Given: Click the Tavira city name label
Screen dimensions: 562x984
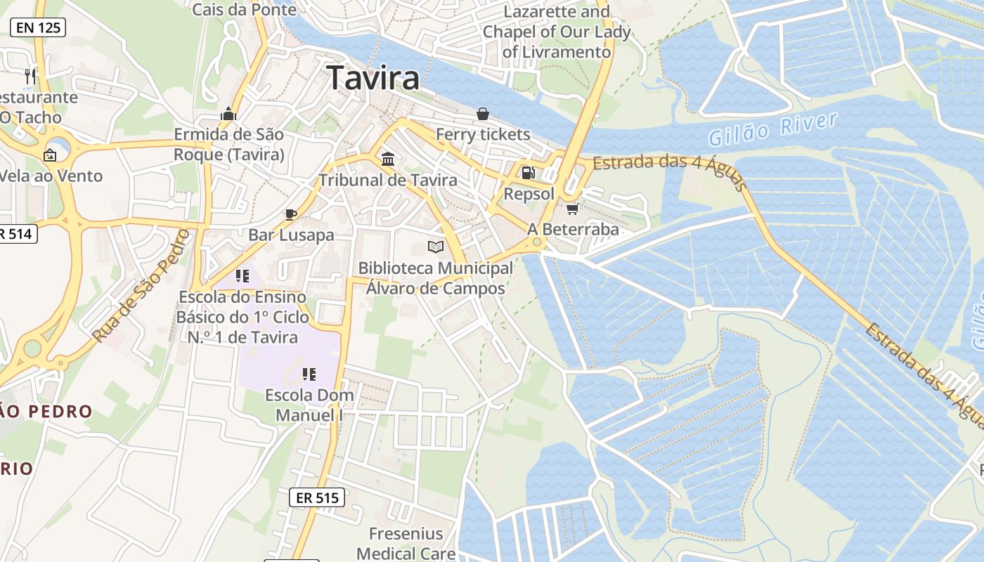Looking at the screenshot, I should (x=373, y=78).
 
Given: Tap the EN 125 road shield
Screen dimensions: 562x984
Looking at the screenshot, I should (x=38, y=27).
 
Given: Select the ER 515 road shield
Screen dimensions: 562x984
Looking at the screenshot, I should (x=317, y=498).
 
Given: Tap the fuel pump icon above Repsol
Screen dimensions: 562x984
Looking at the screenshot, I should (x=528, y=172).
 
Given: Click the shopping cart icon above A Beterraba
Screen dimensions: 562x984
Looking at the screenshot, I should (x=573, y=209).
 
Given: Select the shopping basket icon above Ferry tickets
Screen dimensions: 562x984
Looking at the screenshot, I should (x=483, y=113).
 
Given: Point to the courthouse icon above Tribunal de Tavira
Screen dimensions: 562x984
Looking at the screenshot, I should (x=387, y=159).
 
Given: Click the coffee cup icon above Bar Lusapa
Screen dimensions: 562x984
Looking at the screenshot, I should (x=291, y=214).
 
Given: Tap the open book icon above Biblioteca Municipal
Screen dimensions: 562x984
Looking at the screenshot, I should (x=436, y=247).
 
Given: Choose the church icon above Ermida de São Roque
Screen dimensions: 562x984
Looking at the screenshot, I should (x=228, y=114).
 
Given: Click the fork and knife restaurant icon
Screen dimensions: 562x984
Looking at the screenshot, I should (x=30, y=76).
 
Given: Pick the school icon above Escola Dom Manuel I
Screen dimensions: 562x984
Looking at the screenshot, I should (x=309, y=374).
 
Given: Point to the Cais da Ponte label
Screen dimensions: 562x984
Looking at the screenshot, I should (x=244, y=9).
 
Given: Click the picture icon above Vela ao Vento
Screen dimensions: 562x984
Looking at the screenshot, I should (x=50, y=155).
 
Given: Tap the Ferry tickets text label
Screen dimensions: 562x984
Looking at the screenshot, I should (x=483, y=134).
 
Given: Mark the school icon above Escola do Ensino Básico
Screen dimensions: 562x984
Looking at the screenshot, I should (x=242, y=276).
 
